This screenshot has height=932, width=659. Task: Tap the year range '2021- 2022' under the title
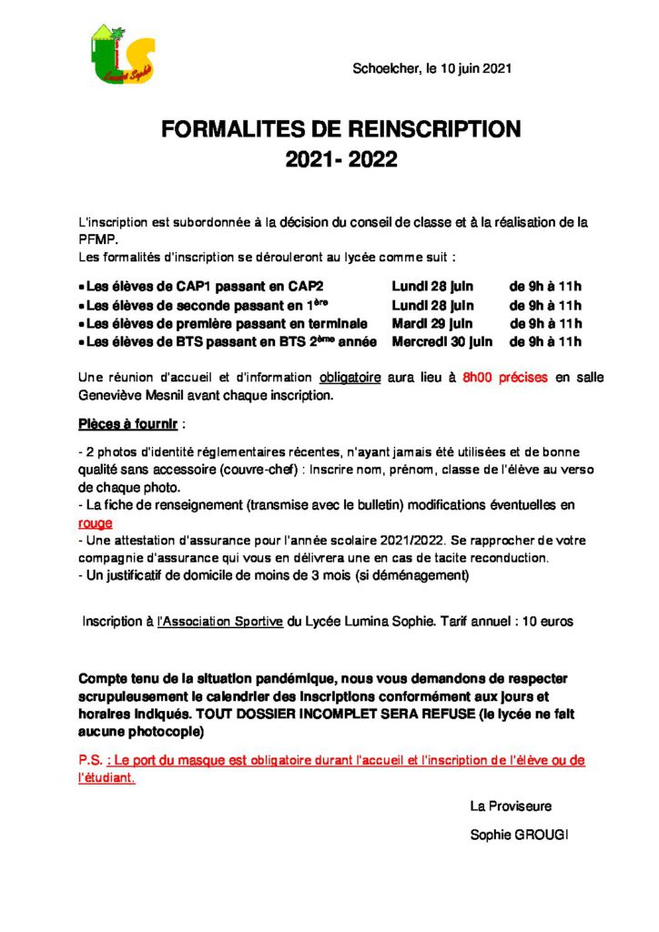[x=341, y=160]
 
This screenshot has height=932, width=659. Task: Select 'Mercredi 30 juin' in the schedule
[x=442, y=341]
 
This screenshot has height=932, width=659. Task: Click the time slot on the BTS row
[x=545, y=341]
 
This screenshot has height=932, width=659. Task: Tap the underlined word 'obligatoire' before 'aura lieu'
[x=350, y=377]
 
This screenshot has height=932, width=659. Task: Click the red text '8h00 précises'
[x=505, y=377]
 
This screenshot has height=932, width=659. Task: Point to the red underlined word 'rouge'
[x=96, y=523]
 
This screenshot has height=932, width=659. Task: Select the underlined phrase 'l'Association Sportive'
[x=219, y=622]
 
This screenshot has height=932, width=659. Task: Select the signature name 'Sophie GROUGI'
[x=519, y=835]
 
